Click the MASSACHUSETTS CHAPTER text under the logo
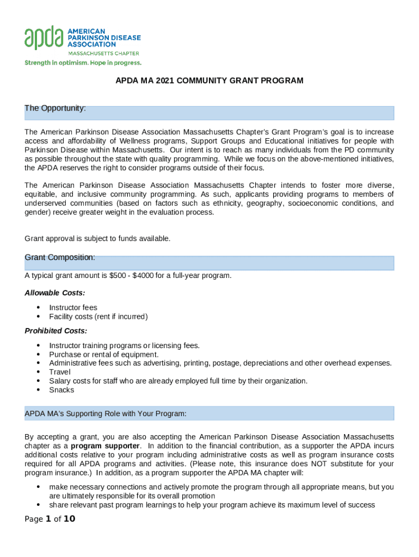(x=103, y=53)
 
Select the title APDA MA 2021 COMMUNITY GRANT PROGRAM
(x=209, y=81)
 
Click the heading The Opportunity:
(x=55, y=108)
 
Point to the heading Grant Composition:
(x=60, y=257)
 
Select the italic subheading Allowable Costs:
(x=55, y=293)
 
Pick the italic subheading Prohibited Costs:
(x=56, y=331)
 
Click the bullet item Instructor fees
(x=73, y=308)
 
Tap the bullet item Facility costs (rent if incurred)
(x=98, y=317)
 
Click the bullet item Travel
(x=60, y=372)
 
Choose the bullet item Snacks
(x=61, y=390)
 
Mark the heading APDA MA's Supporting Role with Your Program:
(x=106, y=414)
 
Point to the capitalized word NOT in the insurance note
(x=319, y=464)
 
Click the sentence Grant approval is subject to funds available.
(x=97, y=238)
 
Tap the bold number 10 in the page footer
(x=69, y=519)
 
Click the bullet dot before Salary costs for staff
(x=38, y=381)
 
